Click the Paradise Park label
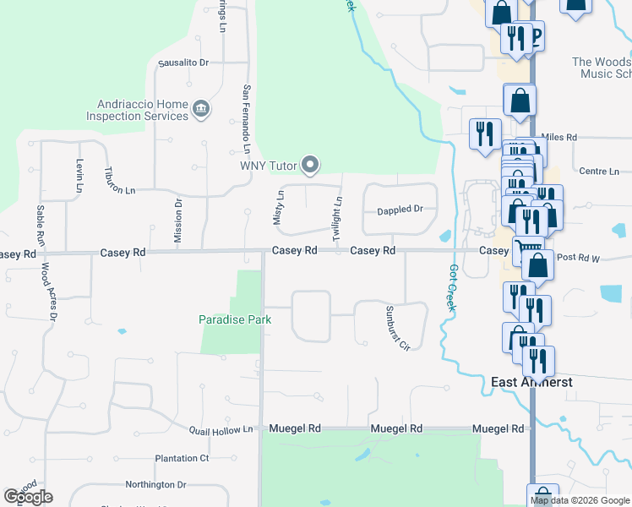point(235,319)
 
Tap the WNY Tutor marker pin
point(311,165)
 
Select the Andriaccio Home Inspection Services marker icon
point(201,108)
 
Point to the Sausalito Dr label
point(183,63)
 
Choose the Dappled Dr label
point(400,209)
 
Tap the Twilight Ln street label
point(338,212)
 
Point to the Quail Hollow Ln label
point(221,429)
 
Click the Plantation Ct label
point(182,458)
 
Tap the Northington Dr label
point(155,484)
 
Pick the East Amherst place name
point(532,382)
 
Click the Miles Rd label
point(558,137)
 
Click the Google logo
point(28,497)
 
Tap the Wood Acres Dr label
point(47,292)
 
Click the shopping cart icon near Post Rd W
point(526,249)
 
